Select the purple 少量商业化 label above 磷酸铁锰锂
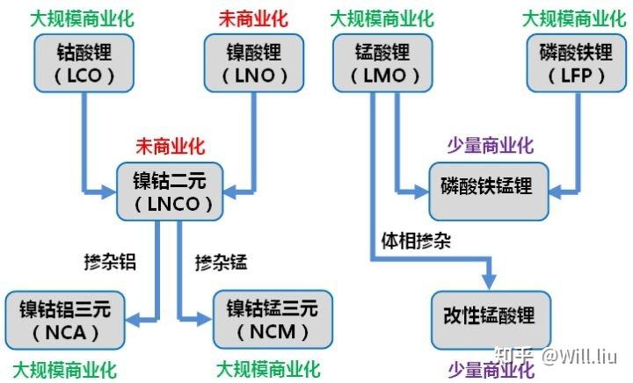pyautogui.click(x=491, y=144)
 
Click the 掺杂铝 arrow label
pyautogui.click(x=109, y=261)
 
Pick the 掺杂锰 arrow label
pyautogui.click(x=222, y=261)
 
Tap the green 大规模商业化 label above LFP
pyautogui.click(x=567, y=18)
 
